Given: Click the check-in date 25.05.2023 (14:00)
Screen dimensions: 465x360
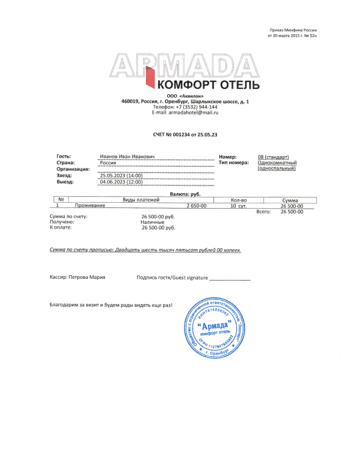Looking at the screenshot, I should (x=121, y=176).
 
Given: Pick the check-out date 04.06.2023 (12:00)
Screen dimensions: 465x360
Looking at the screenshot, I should (x=121, y=182).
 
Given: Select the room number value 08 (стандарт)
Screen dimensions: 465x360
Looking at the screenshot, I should (x=277, y=157).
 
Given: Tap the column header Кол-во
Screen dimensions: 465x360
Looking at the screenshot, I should (x=239, y=200).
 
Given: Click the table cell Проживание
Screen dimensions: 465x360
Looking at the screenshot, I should (x=90, y=206).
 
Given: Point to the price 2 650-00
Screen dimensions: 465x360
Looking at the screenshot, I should (x=196, y=206).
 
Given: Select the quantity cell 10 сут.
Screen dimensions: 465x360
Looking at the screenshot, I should (x=239, y=206).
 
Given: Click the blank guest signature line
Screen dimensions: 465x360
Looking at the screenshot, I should (x=230, y=278).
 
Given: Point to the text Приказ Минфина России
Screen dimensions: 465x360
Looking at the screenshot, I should (x=293, y=29).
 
